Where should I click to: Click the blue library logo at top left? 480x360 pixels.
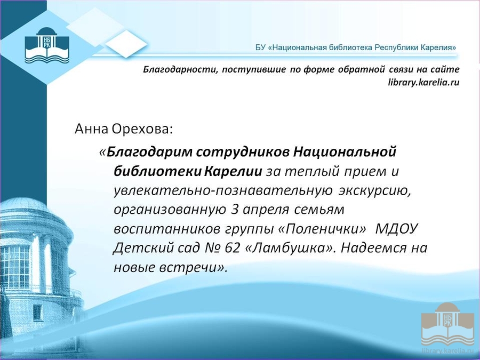tap(47, 45)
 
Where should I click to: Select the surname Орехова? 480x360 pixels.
tap(142, 129)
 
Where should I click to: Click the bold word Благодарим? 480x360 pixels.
tap(149, 152)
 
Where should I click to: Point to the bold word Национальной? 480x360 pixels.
tap(345, 152)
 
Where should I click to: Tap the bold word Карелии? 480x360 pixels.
tap(233, 171)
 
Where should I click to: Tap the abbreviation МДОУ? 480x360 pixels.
tap(396, 229)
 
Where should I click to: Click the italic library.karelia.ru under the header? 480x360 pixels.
tap(423, 82)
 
